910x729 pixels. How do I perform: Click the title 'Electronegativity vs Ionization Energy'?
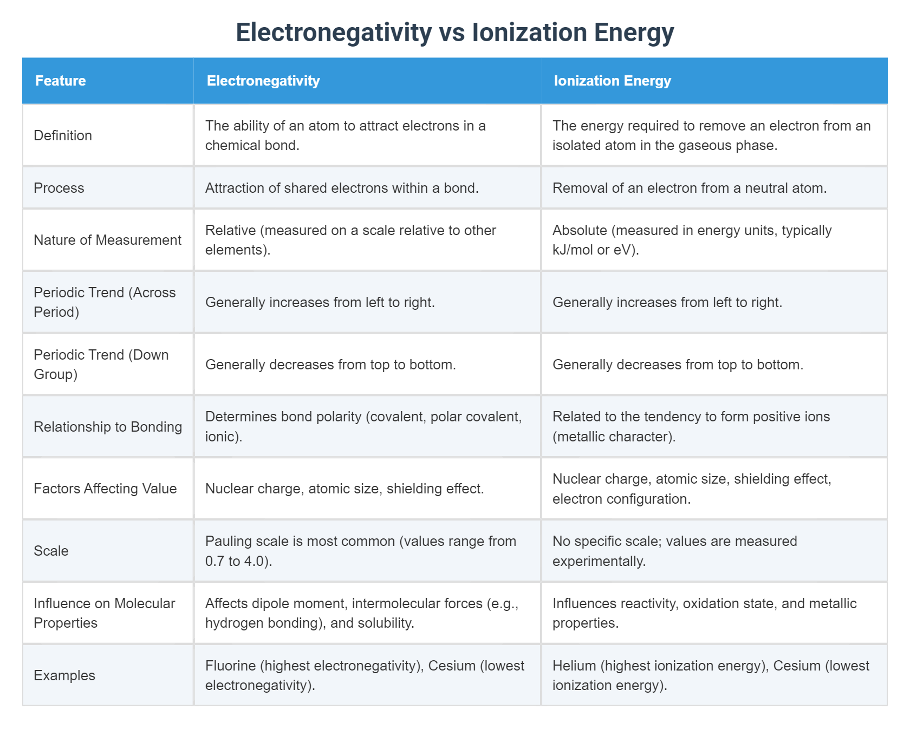coord(454,32)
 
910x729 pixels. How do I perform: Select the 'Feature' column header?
coord(61,81)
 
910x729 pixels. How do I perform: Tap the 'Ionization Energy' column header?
coord(612,81)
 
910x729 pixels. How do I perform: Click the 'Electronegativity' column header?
coord(263,81)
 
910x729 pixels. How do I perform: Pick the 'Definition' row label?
coord(63,135)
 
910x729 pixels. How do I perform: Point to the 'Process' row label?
coord(59,188)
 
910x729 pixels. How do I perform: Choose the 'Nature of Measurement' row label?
coord(107,240)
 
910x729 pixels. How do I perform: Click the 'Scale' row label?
coord(51,551)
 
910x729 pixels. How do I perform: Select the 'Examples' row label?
coord(64,675)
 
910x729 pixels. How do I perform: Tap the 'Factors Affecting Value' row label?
coord(105,489)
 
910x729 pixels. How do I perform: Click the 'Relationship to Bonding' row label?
coord(108,427)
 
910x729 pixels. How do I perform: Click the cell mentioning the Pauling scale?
coord(360,551)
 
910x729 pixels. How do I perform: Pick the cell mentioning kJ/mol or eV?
coord(692,240)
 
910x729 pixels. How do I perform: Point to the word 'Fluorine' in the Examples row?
coord(230,666)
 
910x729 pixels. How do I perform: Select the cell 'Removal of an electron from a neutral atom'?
coord(689,188)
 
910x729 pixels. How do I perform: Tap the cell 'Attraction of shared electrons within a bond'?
coord(342,188)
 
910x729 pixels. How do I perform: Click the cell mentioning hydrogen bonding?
coord(362,613)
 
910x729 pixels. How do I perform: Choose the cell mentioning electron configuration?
coord(692,489)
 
